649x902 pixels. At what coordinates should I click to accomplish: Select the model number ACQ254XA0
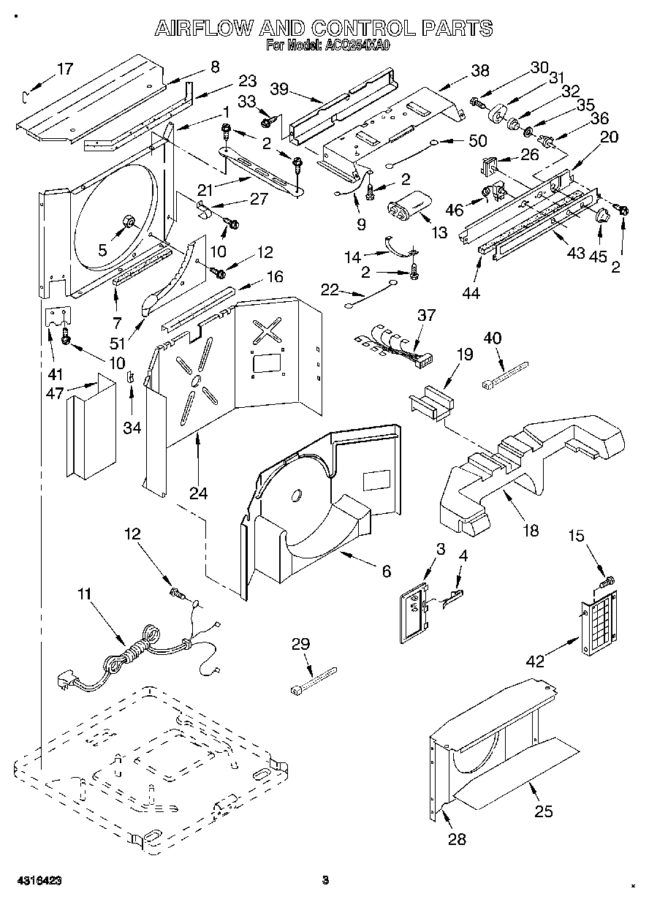[x=359, y=45]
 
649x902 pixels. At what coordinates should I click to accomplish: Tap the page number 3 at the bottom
[x=326, y=880]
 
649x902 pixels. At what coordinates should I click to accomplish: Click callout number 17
[x=65, y=69]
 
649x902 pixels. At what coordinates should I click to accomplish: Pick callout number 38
[x=480, y=71]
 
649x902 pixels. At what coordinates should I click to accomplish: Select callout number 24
[x=198, y=493]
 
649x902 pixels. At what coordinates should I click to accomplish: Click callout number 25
[x=544, y=811]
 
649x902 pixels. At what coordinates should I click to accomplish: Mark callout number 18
[x=531, y=530]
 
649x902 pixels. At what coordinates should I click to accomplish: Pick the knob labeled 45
[x=601, y=213]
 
